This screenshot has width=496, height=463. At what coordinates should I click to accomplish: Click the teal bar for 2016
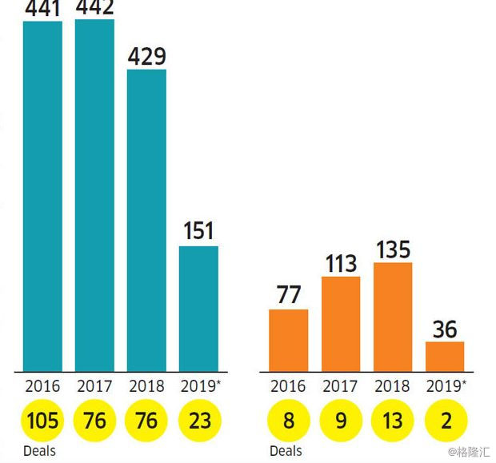tap(42, 196)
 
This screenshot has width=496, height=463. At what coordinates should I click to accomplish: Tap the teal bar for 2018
tap(146, 220)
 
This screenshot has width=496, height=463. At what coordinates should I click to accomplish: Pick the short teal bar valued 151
tap(198, 308)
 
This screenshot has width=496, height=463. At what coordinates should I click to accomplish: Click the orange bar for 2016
tap(288, 340)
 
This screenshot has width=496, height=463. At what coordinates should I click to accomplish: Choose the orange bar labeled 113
tap(340, 324)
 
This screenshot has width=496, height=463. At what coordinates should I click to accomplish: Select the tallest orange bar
tap(392, 317)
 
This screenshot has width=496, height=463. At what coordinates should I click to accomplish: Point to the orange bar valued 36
tap(444, 356)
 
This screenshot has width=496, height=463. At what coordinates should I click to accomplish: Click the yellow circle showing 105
tap(42, 421)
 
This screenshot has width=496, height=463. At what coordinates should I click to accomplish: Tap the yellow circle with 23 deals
tap(198, 421)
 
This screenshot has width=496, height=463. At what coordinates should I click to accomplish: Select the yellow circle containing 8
tap(288, 421)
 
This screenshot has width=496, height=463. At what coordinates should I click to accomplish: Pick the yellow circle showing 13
tap(392, 421)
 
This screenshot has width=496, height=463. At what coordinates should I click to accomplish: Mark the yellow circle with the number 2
tap(444, 421)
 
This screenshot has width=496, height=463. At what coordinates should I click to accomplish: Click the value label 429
tap(146, 57)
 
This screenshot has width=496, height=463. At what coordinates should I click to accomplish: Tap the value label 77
tap(288, 295)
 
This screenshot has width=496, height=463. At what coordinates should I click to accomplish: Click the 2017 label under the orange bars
tap(340, 386)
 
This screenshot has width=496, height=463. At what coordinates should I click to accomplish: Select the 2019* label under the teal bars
tap(198, 386)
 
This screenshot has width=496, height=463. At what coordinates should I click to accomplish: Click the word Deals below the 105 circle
tap(39, 451)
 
